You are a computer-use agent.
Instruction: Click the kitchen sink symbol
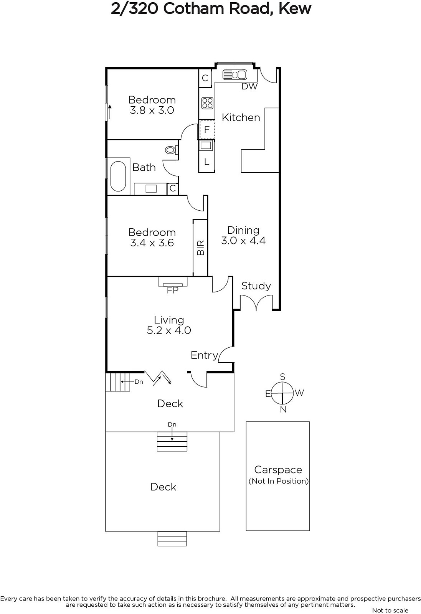tap(234, 74)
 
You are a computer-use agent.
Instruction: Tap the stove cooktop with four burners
tap(207, 103)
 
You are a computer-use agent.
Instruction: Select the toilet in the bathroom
tap(172, 150)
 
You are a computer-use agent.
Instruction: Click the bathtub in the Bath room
tap(118, 176)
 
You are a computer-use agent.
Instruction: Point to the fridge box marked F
tap(207, 129)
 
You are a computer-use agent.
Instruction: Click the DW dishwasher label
tap(249, 86)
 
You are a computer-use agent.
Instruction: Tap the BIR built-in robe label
tap(201, 248)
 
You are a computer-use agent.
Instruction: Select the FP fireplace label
tap(173, 290)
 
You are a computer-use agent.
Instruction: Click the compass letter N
tap(283, 409)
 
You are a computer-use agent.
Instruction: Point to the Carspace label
tap(278, 470)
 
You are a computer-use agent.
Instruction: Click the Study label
tap(256, 286)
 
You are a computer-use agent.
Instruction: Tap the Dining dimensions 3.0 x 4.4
tap(243, 240)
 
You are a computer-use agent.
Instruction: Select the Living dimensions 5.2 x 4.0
tap(169, 330)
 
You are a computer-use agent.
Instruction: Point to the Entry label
tap(205, 355)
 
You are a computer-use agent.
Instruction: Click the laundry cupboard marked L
tap(207, 162)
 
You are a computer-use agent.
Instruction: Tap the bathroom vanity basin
tap(150, 188)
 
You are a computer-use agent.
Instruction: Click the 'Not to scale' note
tap(390, 610)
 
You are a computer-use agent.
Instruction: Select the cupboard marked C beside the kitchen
tap(205, 78)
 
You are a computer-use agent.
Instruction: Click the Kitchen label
tap(241, 117)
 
